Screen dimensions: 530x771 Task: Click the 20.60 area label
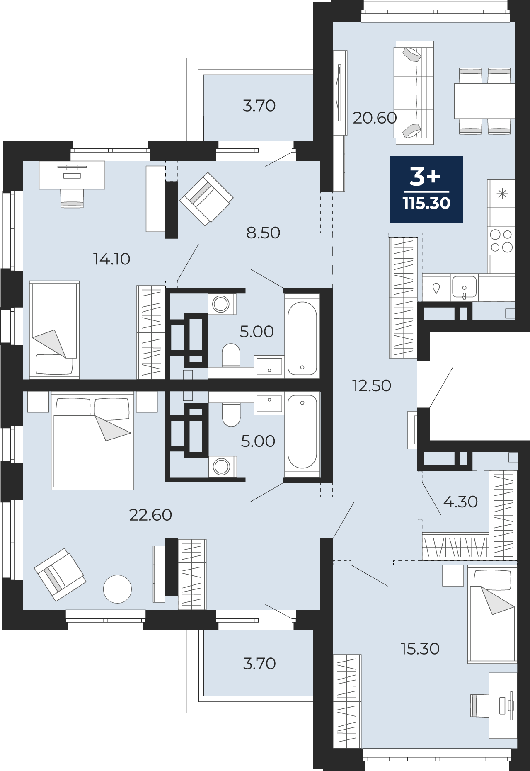pyautogui.click(x=375, y=118)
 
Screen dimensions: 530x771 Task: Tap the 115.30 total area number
pyautogui.click(x=426, y=203)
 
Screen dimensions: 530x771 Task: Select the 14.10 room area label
pyautogui.click(x=112, y=259)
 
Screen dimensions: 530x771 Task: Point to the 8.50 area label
pyautogui.click(x=263, y=233)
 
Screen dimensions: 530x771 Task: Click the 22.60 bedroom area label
pyautogui.click(x=150, y=515)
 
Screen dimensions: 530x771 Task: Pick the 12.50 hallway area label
pyautogui.click(x=372, y=386)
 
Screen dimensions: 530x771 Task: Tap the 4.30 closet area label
pyautogui.click(x=460, y=502)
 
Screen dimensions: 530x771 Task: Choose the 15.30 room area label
pyautogui.click(x=420, y=649)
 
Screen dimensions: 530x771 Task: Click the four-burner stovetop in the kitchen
pyautogui.click(x=501, y=241)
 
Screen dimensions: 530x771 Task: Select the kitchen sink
pyautogui.click(x=464, y=287)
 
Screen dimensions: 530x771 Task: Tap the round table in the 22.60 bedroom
pyautogui.click(x=118, y=589)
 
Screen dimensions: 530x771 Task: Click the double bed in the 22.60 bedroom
pyautogui.click(x=92, y=441)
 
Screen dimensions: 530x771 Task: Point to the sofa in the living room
pyautogui.click(x=414, y=93)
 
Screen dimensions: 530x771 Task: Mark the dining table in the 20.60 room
pyautogui.click(x=484, y=101)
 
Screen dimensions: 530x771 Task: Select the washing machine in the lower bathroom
pyautogui.click(x=222, y=466)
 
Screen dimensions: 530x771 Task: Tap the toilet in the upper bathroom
pyautogui.click(x=231, y=355)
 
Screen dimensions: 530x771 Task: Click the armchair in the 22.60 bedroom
pyautogui.click(x=60, y=575)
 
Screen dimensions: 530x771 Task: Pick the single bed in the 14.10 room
pyautogui.click(x=54, y=330)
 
